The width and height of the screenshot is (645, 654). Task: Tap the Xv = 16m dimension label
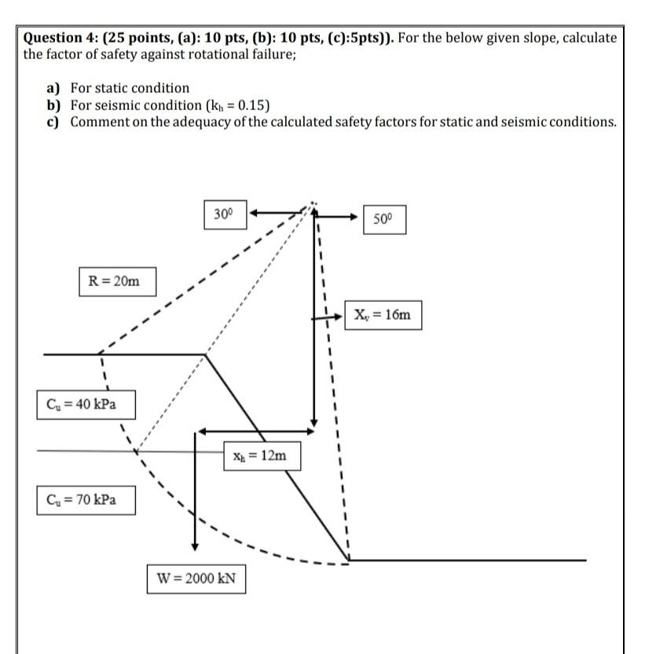[383, 315]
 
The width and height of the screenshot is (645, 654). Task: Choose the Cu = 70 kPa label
[85, 499]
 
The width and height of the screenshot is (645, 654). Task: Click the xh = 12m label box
[260, 455]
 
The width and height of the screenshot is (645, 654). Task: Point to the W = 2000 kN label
[196, 579]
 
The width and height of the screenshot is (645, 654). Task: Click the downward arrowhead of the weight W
[194, 546]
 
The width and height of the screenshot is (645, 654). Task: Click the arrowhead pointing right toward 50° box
[356, 221]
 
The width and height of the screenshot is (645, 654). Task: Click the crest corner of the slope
[206, 355]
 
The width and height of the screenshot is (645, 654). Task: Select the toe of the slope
[348, 560]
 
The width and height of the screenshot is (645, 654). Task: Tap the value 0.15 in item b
[255, 105]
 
